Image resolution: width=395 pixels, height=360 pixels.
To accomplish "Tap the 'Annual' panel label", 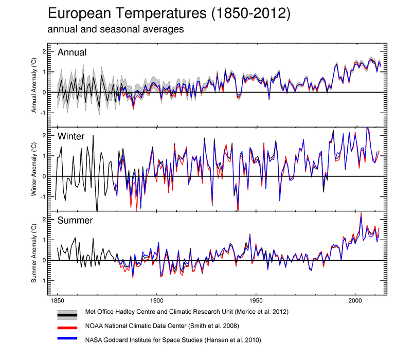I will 72,52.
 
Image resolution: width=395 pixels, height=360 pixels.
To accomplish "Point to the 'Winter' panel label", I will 71,136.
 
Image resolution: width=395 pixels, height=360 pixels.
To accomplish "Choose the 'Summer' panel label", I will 75,221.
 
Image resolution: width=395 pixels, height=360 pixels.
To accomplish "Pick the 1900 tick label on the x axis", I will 156,299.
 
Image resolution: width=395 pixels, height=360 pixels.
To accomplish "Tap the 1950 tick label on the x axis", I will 256,299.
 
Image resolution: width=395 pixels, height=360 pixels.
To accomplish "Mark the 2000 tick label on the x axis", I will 355,299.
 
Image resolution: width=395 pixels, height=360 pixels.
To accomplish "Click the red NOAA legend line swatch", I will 67,326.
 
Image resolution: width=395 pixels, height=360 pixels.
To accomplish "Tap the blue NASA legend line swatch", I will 67,339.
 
